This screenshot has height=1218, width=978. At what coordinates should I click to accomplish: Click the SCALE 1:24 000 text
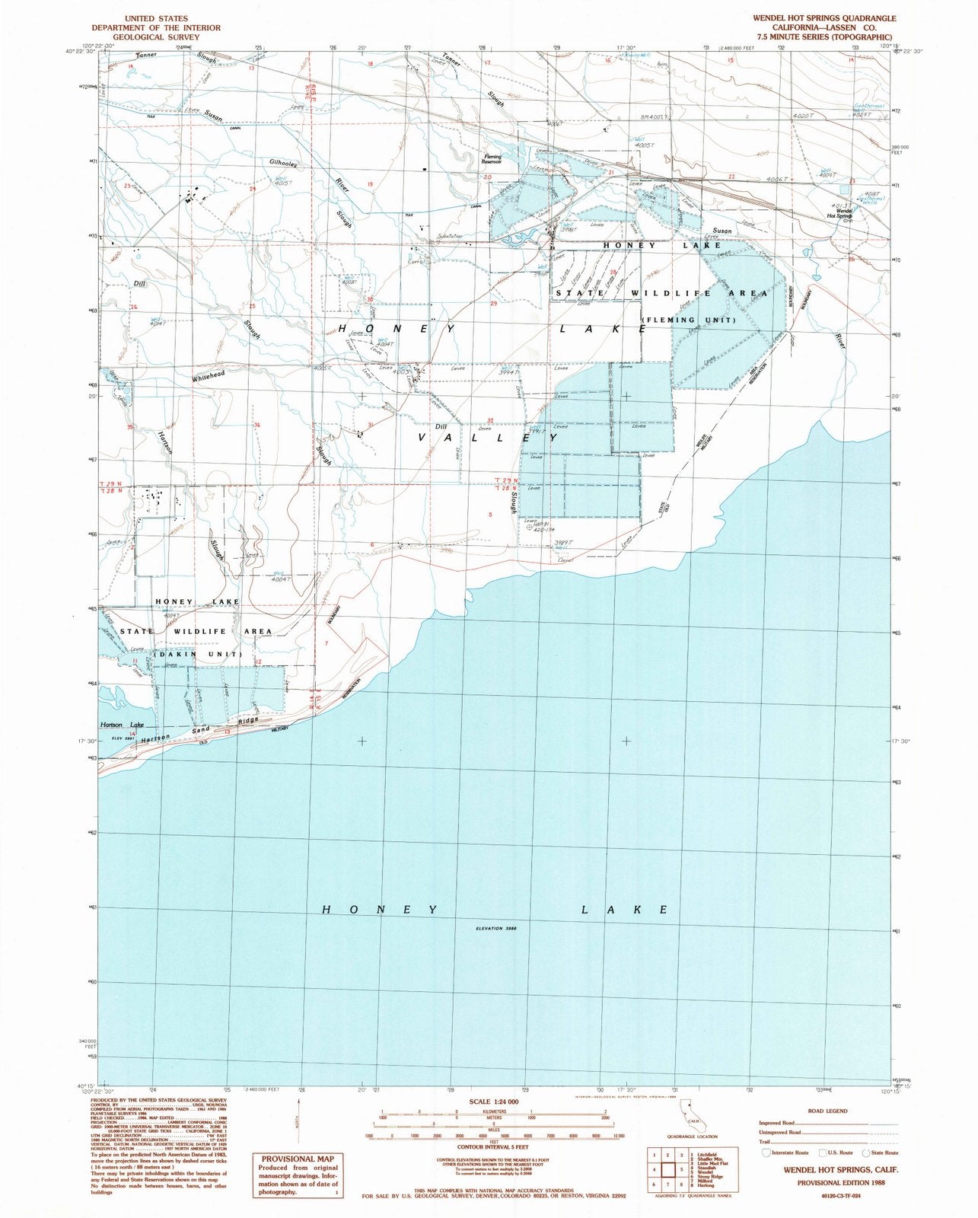[x=489, y=1101]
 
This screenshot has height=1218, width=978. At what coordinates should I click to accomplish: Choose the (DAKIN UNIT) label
[x=198, y=655]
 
